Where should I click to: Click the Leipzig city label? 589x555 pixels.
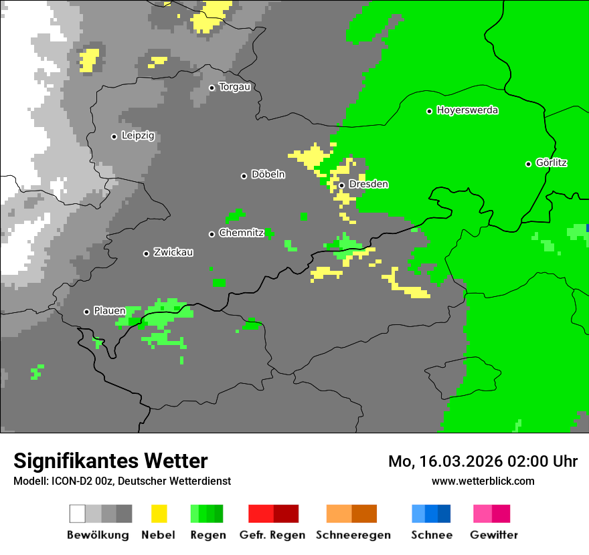(138, 136)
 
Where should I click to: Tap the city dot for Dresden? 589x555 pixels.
(341, 185)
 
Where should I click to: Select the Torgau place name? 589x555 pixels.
(234, 87)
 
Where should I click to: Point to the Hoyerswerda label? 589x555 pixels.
(467, 110)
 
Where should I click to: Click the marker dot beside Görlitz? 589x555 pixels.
(528, 164)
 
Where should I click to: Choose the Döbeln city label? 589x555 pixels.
(268, 175)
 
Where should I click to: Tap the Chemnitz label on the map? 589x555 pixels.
(241, 233)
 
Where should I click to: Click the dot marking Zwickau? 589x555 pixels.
(146, 253)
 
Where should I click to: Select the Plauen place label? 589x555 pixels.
(109, 311)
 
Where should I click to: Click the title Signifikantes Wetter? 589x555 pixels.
(110, 461)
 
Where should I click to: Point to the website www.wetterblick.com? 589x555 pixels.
(483, 481)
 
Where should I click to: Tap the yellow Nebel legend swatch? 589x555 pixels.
(159, 514)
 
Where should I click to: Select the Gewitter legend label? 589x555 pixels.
(493, 535)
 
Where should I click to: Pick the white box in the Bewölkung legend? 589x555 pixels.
(78, 514)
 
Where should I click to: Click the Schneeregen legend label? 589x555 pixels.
(353, 535)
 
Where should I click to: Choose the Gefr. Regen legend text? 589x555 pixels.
(272, 535)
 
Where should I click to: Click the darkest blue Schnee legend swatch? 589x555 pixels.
(444, 514)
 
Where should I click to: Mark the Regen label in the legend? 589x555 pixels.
(207, 535)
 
